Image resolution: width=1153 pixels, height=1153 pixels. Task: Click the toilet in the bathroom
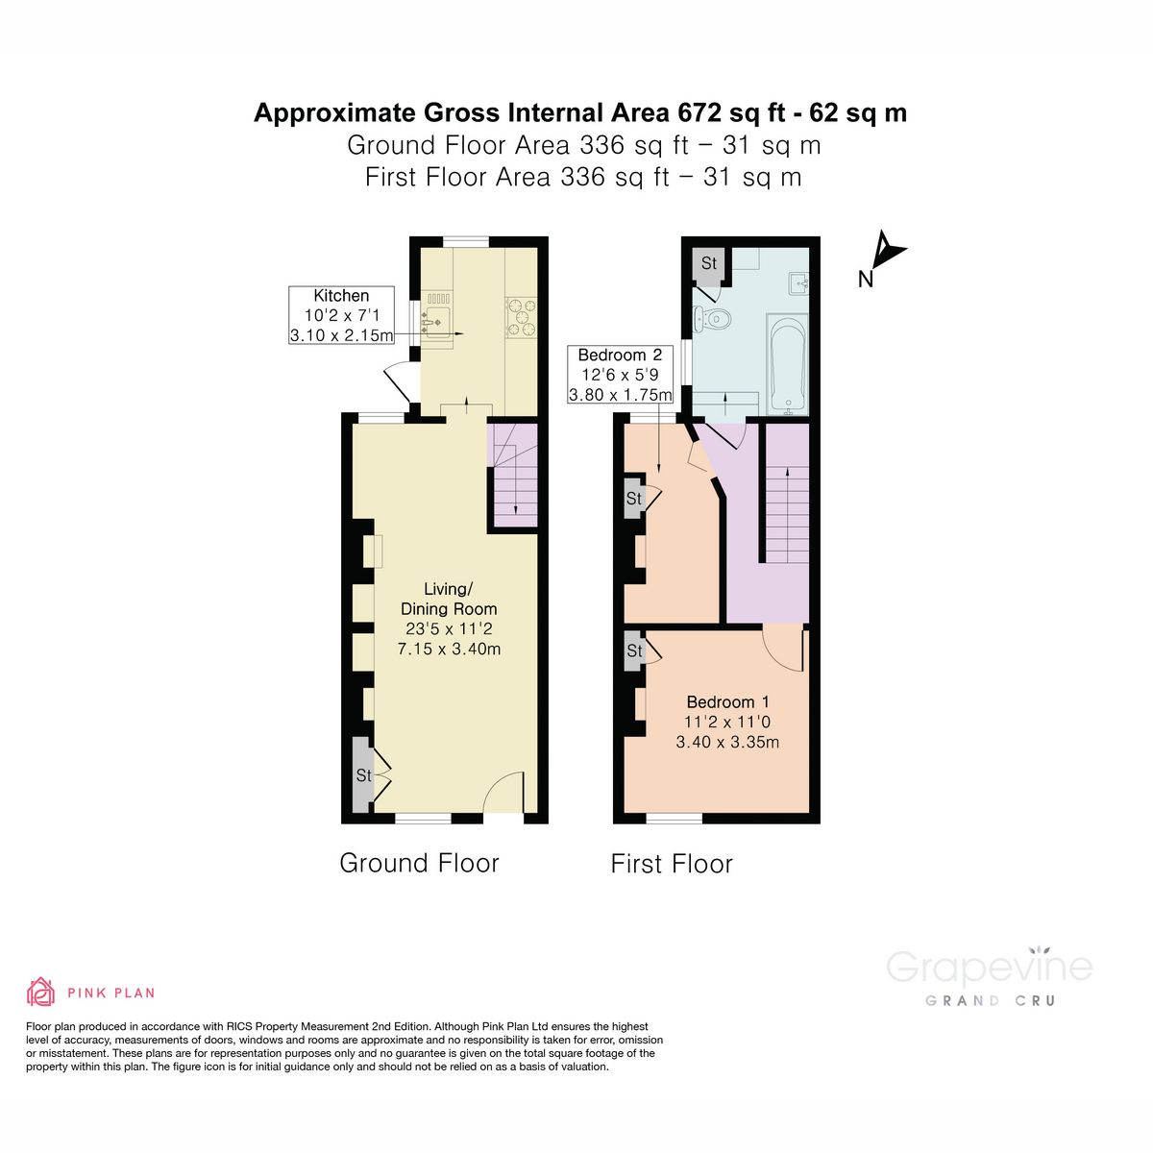point(711,319)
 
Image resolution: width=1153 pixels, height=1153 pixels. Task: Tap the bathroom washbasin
point(797,282)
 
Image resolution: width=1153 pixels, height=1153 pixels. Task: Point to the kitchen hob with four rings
point(522,318)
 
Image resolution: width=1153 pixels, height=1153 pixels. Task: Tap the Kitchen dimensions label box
point(342,315)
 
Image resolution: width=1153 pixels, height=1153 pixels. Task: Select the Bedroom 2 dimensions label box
point(620,375)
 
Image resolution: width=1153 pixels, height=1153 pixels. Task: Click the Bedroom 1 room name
point(727,702)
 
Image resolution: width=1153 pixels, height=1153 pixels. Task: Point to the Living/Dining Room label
point(449,599)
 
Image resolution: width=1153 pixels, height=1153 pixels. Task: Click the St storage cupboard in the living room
point(362,774)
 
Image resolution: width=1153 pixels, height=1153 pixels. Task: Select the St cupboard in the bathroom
point(709,264)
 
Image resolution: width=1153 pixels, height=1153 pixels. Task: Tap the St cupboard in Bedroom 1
point(634,650)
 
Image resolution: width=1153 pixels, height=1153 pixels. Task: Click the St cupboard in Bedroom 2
point(633,499)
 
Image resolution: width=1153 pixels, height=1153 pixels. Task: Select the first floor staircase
point(787,514)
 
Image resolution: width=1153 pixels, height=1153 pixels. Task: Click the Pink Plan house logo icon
point(40,992)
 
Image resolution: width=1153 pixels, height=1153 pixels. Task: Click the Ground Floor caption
point(419,863)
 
